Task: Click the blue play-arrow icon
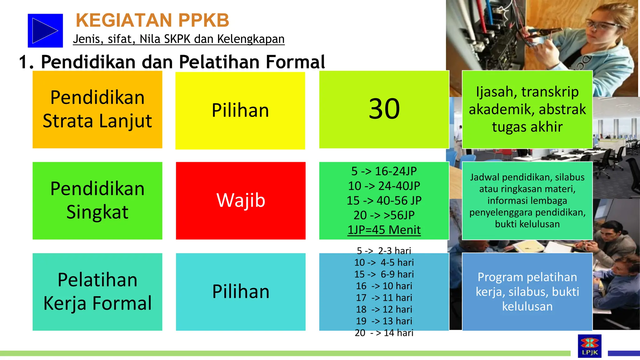pos(45,31)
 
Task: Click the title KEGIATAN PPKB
pos(152,20)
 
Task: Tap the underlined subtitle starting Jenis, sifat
pos(178,39)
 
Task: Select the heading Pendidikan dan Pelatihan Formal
pos(172,62)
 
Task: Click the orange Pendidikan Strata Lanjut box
pos(97,109)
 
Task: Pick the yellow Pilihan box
pos(240,111)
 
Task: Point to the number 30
pos(384,109)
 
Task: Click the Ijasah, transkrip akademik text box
pos(527,109)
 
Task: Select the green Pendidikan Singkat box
pos(97,201)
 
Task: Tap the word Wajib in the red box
pos(241,200)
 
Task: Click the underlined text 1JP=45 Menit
pos(384,230)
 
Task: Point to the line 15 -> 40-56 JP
pos(384,201)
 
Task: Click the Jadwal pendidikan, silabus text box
pos(527,201)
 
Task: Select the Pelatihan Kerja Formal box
pos(97,292)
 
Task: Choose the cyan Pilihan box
pos(241,292)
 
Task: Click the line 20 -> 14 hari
pos(384,333)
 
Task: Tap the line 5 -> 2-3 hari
pos(384,251)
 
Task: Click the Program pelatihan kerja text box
pos(527,292)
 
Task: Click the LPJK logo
pos(589,346)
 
